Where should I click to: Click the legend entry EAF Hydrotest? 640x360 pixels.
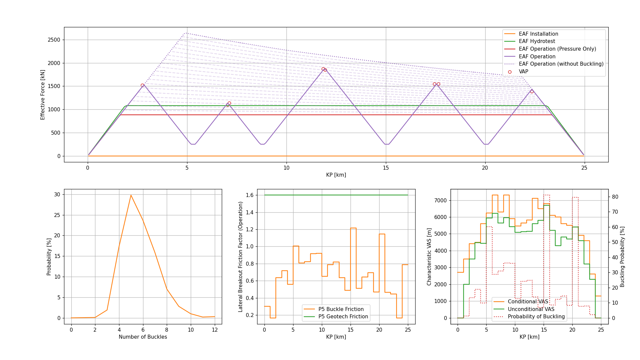pyautogui.click(x=537, y=41)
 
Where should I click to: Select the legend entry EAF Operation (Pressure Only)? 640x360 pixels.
pyautogui.click(x=557, y=49)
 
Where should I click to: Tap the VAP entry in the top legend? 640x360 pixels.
pyautogui.click(x=523, y=72)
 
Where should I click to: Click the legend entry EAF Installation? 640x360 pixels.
pyautogui.click(x=538, y=34)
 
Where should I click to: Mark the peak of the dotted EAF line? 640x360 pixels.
pyautogui.click(x=185, y=33)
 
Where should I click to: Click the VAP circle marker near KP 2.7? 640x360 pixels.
pyautogui.click(x=142, y=85)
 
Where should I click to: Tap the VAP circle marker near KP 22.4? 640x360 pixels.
pyautogui.click(x=532, y=92)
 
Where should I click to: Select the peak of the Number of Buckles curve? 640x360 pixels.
pyautogui.click(x=131, y=195)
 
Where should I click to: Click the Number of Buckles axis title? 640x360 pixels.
pyautogui.click(x=143, y=337)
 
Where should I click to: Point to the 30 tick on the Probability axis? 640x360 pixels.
pyautogui.click(x=58, y=194)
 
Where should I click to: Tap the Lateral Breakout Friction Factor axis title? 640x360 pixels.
pyautogui.click(x=240, y=257)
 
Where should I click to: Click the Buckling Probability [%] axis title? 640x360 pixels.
pyautogui.click(x=622, y=257)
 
